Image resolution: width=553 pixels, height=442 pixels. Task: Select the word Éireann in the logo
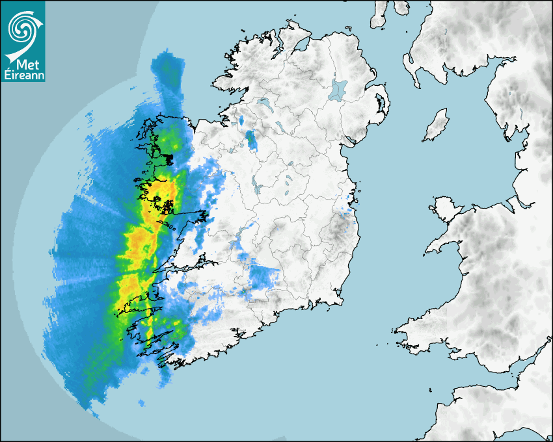[23, 75]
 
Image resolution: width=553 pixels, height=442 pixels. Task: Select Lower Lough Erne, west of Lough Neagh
[263, 102]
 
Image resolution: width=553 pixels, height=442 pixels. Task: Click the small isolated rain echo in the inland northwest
[250, 138]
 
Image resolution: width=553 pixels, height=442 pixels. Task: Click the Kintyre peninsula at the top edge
[379, 14]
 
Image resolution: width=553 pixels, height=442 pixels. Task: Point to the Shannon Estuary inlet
[179, 266]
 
